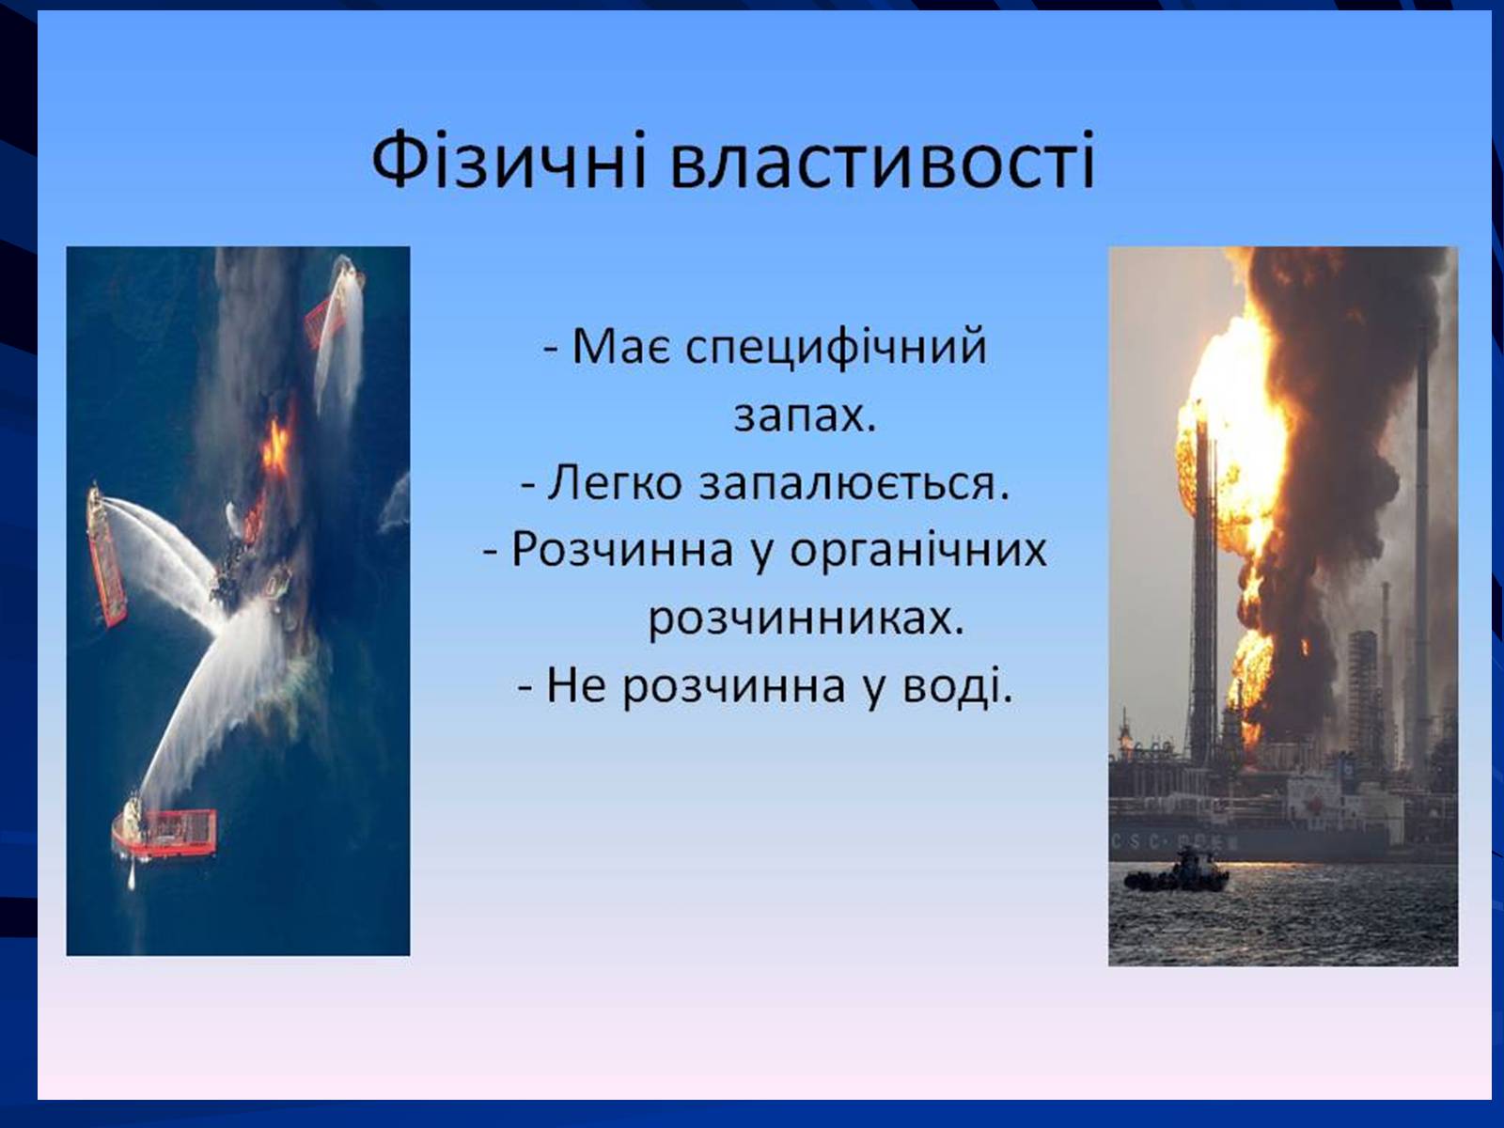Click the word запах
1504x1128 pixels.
(x=805, y=417)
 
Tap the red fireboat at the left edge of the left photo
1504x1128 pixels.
(x=107, y=554)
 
